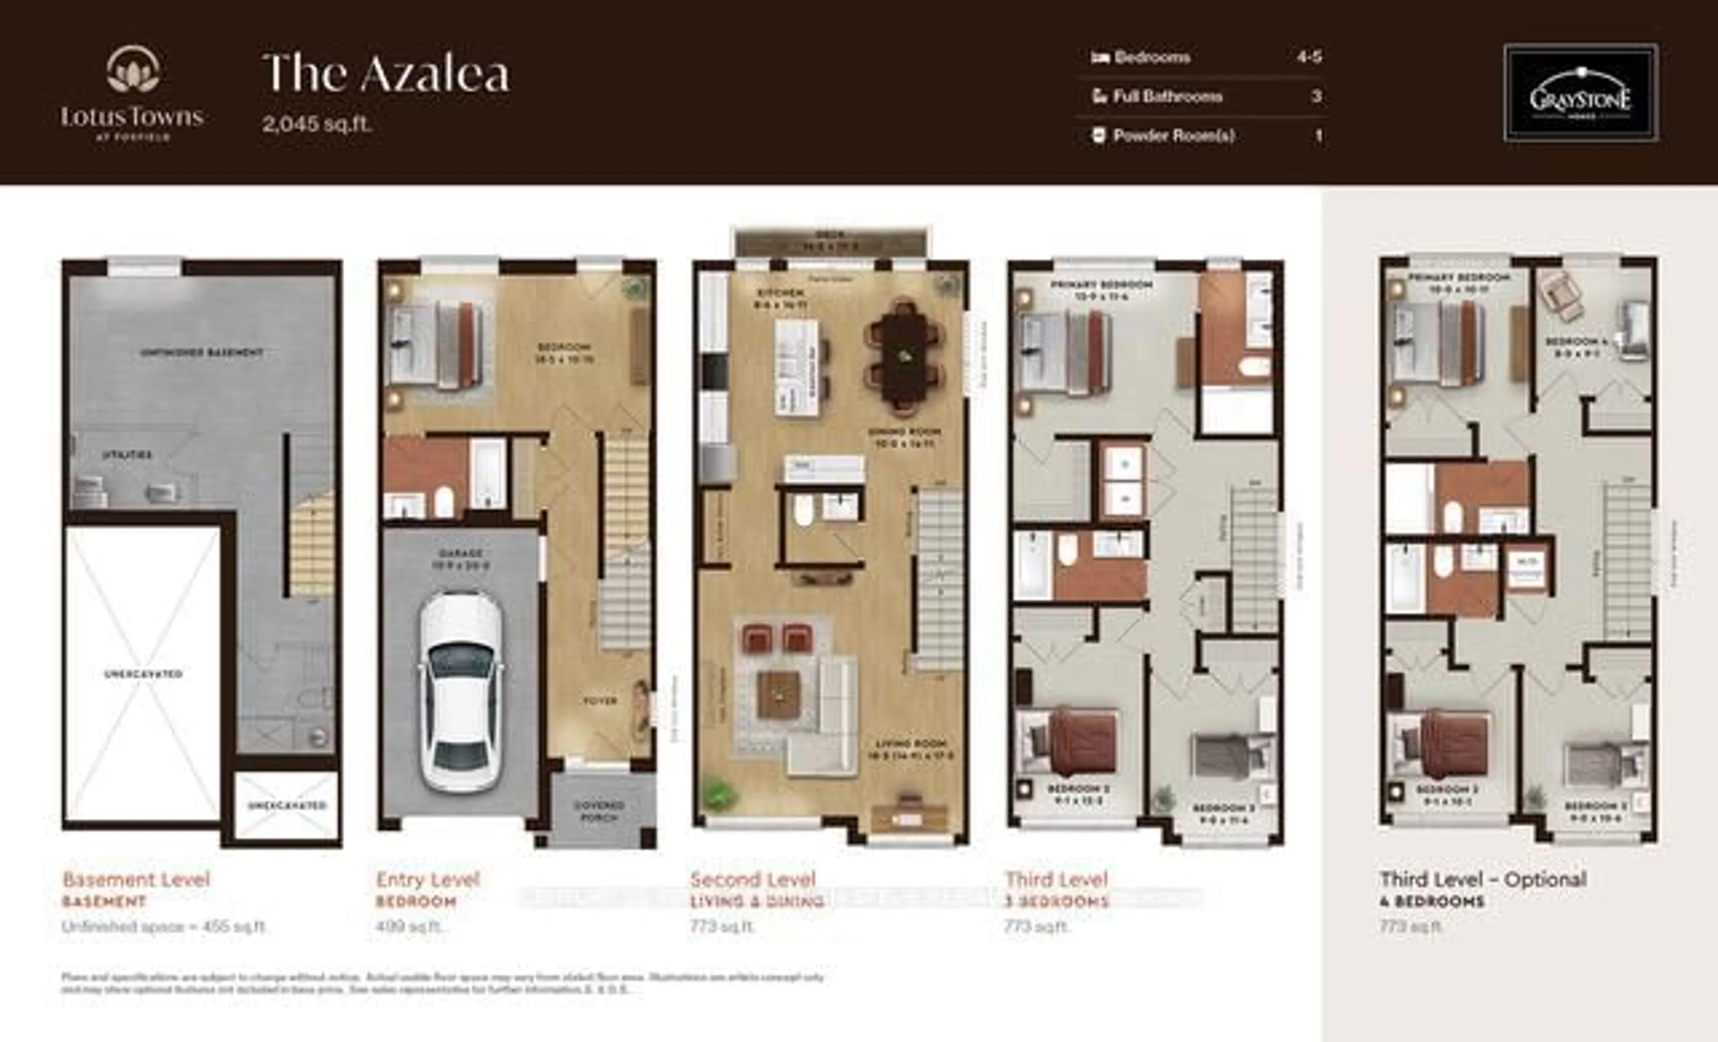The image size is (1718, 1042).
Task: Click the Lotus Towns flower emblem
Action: (x=132, y=70)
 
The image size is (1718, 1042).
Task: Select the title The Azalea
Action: (x=386, y=74)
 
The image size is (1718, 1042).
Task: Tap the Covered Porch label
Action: (x=599, y=811)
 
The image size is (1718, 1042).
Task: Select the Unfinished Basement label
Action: (x=201, y=353)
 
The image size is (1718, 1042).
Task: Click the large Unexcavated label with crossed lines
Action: (x=143, y=674)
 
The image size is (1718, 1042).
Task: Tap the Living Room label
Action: (x=910, y=749)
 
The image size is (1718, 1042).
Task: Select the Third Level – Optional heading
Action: (x=1483, y=880)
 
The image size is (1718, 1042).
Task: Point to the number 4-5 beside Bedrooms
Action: (x=1309, y=57)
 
